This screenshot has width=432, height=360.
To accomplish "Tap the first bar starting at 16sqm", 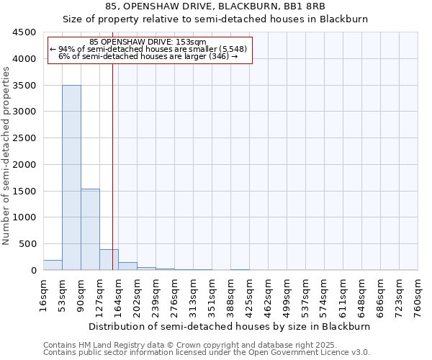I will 53,265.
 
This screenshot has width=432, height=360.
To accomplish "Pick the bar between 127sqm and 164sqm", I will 109,260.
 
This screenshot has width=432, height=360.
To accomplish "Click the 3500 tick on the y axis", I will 26,85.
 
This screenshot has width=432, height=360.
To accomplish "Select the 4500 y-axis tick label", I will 26,32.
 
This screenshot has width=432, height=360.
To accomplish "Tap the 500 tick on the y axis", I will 29,244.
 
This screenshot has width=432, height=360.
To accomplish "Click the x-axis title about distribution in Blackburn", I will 230,326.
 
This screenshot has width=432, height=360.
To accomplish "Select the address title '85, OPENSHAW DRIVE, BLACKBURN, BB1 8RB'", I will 215,6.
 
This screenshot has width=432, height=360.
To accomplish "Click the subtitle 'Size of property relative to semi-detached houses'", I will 215,19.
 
